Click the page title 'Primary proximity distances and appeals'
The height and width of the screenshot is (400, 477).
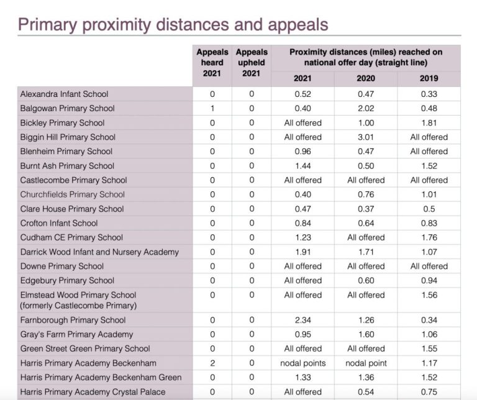click(173, 24)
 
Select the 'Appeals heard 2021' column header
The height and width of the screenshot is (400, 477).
click(212, 62)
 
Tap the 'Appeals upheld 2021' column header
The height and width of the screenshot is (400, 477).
click(252, 62)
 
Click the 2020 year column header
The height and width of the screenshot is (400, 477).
click(366, 78)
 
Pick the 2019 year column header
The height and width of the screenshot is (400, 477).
click(429, 78)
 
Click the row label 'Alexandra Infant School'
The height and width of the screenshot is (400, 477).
click(64, 94)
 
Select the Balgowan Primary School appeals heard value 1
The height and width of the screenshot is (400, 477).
click(212, 109)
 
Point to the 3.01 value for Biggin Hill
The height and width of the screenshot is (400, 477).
click(366, 137)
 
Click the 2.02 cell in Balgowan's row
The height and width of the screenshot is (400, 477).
click(366, 109)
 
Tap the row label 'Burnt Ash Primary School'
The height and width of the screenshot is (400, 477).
click(67, 166)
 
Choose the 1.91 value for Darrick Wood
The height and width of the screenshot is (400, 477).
click(302, 252)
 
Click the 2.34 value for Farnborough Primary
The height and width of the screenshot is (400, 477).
click(302, 320)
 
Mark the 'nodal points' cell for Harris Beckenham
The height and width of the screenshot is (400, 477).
click(302, 363)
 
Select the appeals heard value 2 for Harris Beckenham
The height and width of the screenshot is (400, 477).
click(212, 363)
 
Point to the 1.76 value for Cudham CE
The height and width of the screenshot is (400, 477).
click(429, 238)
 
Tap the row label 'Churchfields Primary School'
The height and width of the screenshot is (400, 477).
click(72, 194)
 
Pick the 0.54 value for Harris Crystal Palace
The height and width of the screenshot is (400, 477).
click(366, 392)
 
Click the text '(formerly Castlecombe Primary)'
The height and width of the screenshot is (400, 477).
click(78, 306)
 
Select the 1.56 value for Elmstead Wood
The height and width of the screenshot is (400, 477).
click(429, 295)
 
